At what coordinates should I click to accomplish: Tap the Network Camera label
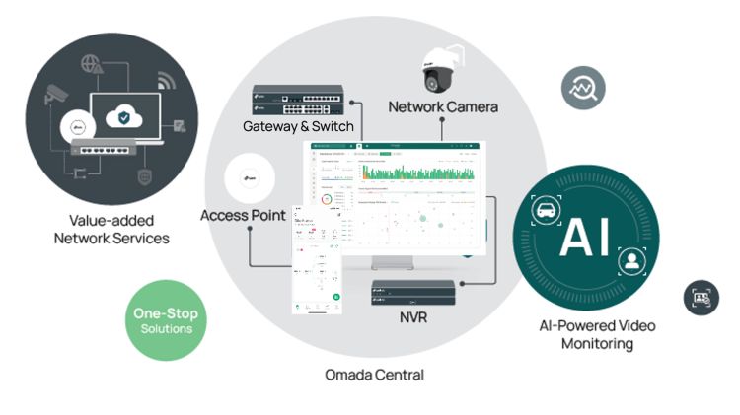tap(443, 106)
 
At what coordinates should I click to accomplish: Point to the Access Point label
tap(244, 215)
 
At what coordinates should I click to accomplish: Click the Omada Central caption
tap(374, 375)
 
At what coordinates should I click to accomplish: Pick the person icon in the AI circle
tap(629, 261)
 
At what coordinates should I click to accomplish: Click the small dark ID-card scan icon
tap(702, 298)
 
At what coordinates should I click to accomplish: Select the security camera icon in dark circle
tap(56, 96)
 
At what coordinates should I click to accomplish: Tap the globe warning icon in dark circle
tap(91, 62)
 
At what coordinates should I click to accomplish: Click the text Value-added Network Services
tap(111, 230)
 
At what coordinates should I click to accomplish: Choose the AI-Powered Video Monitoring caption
tap(596, 334)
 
